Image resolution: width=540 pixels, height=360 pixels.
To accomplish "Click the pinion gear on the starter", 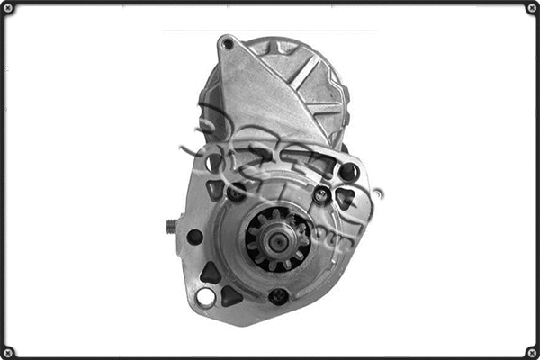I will coord(277,238).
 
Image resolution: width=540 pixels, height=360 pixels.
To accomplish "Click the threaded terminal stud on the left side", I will coord(171,227).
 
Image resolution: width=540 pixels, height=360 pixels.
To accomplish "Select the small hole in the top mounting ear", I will coord(228,44).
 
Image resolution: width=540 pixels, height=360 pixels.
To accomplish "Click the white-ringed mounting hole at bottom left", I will coord(206,296).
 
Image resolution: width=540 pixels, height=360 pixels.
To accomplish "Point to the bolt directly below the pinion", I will coord(279,295).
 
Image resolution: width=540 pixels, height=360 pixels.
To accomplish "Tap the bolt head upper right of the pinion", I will coord(321,193).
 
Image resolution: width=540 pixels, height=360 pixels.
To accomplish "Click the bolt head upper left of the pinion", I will coord(236,192).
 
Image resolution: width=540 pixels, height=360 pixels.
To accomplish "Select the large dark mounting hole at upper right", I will coord(349,172).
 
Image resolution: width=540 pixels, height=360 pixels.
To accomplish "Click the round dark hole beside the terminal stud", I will coord(194,237).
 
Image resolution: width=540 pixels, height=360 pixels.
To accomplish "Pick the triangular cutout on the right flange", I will coord(344,199).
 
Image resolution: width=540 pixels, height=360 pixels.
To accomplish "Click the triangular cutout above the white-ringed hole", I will coord(210,272).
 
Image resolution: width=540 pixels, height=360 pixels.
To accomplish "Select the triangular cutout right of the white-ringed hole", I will coord(230,295).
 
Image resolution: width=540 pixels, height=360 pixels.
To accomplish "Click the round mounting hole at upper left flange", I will coord(214,163).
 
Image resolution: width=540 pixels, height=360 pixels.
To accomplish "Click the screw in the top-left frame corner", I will coord(8,8).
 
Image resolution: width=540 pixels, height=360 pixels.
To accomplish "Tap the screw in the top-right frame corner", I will coord(531,8).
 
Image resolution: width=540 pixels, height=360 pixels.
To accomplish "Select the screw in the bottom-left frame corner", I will coord(8,351).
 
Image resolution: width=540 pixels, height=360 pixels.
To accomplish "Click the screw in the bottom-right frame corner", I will coord(531,351).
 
